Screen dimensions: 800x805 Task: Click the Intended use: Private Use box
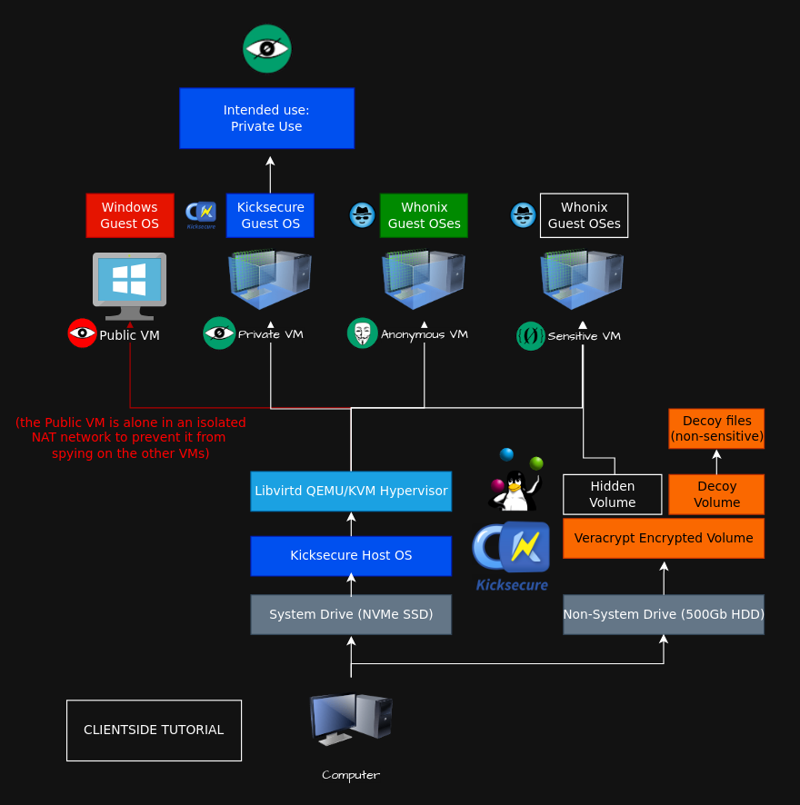point(266,118)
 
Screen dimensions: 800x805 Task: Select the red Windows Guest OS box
point(130,215)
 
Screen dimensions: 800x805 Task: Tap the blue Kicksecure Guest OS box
point(270,215)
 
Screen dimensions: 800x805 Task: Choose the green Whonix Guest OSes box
point(424,215)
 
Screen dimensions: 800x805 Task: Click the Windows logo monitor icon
point(129,286)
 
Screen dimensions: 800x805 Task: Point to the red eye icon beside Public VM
point(82,333)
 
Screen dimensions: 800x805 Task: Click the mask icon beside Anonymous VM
point(362,333)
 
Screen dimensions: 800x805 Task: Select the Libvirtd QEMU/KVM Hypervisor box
point(351,492)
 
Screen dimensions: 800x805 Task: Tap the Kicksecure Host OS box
point(351,556)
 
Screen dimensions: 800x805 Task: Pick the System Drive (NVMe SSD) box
point(351,614)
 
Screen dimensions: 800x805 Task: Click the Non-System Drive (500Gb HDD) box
point(664,614)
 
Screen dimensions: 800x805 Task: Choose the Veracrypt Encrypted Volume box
point(664,538)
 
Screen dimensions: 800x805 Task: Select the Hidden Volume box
point(613,494)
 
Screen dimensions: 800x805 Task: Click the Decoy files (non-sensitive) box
point(716,429)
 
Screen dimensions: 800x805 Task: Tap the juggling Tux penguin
point(515,481)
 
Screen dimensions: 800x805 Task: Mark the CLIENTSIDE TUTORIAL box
point(155,730)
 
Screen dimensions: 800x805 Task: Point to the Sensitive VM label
point(585,336)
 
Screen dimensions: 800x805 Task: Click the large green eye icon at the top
point(267,49)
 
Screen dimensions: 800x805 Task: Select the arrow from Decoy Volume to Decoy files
point(716,462)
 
